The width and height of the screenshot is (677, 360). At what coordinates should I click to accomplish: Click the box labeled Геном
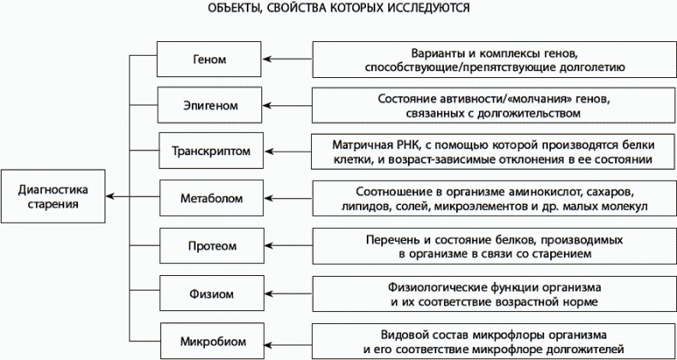pos(209,59)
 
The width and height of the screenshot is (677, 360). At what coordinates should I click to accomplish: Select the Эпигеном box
pos(209,105)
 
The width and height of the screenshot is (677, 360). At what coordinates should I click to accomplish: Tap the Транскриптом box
pos(211,151)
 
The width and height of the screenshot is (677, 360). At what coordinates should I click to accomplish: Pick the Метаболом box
pos(212,198)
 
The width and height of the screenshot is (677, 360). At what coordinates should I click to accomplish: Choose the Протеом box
pos(212,246)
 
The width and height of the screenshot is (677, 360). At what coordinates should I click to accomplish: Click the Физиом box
pos(212,293)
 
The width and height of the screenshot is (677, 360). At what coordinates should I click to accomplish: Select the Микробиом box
pos(213,341)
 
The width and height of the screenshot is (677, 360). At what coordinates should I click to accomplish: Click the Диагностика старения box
pos(52,196)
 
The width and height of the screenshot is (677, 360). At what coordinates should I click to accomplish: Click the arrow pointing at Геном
pos(288,59)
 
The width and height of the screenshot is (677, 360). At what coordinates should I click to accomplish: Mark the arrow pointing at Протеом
pos(289,246)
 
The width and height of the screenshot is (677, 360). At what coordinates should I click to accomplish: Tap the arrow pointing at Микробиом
pos(289,345)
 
